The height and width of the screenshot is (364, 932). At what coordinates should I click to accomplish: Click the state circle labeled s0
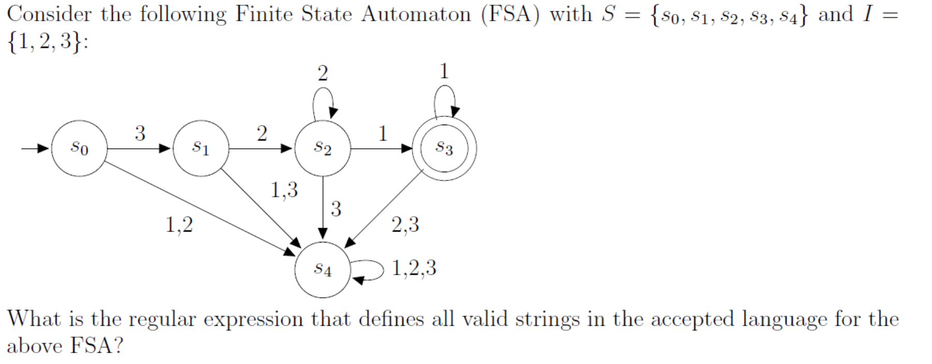click(x=79, y=148)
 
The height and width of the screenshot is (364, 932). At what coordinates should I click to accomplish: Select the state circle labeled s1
click(x=201, y=148)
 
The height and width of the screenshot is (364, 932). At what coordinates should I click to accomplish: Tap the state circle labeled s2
click(x=323, y=148)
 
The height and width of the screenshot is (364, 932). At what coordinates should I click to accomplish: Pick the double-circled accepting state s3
click(x=444, y=148)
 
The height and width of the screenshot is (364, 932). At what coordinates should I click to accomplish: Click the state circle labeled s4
click(x=323, y=269)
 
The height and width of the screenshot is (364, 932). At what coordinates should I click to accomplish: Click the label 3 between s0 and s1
click(x=140, y=133)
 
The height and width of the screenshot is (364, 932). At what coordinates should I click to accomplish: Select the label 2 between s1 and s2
click(x=262, y=133)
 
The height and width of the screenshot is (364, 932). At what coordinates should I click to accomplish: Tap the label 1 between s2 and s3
click(x=383, y=133)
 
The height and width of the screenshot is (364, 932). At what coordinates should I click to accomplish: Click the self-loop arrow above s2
click(x=323, y=101)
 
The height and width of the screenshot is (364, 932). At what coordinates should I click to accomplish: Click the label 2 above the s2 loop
click(x=323, y=73)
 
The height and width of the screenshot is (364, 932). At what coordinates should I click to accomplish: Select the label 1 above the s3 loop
click(x=444, y=71)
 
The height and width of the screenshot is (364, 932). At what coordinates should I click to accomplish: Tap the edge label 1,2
click(x=179, y=225)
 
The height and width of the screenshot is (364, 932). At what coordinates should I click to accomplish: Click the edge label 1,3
click(x=284, y=190)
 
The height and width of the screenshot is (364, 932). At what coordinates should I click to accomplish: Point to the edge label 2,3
click(x=405, y=225)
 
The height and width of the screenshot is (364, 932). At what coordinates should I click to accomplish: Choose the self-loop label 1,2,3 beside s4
click(x=414, y=268)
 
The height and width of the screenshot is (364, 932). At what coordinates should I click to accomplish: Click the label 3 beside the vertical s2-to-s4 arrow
click(x=336, y=209)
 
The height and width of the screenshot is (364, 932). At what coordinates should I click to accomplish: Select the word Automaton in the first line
click(x=416, y=14)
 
